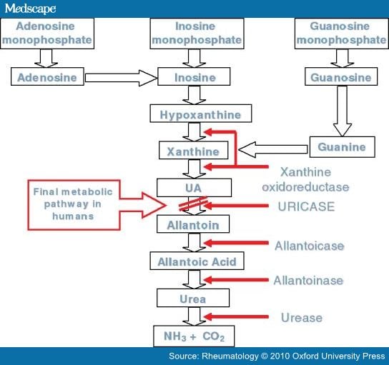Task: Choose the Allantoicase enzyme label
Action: pos(309,245)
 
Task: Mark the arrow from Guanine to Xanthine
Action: pos(272,150)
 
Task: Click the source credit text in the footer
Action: pos(271,355)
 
